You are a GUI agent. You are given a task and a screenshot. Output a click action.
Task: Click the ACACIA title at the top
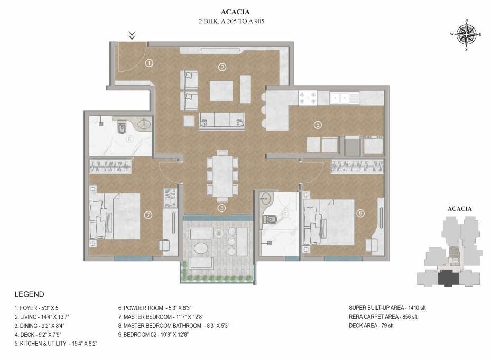click(234, 11)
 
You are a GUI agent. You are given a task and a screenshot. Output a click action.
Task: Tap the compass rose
click(466, 35)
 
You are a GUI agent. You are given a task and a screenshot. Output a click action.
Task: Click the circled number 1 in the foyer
click(149, 63)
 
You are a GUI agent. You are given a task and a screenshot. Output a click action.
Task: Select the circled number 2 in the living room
click(223, 67)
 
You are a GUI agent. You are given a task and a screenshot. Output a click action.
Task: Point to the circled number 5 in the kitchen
click(317, 125)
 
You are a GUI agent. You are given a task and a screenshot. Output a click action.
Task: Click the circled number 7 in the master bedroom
click(149, 215)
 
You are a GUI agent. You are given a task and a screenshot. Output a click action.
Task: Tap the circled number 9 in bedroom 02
click(360, 214)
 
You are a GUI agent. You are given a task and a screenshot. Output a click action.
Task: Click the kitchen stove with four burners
click(308, 97)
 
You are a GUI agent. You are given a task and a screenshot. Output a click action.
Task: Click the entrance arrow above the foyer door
click(133, 35)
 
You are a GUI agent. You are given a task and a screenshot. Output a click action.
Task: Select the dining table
click(222, 176)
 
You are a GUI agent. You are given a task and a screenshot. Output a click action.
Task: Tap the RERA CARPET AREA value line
click(383, 316)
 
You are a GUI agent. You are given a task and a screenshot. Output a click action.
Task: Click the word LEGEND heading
click(29, 294)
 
